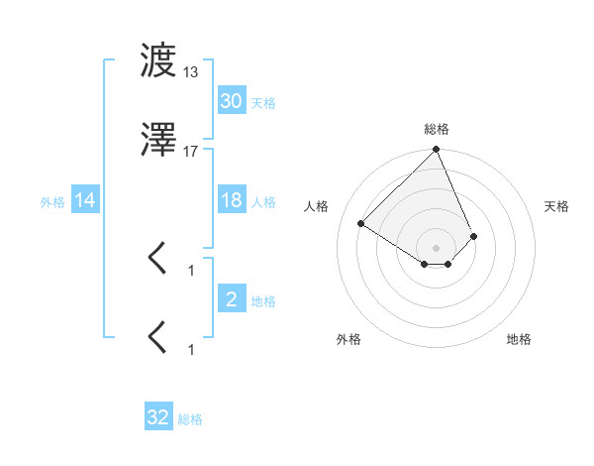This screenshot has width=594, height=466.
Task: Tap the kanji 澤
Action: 158,144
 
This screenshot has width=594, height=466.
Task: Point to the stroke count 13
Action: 191,72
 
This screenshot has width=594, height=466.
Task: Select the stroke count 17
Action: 191,152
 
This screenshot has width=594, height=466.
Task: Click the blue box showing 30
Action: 231,101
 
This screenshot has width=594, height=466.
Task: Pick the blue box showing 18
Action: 231,201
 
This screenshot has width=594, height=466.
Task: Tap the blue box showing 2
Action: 231,299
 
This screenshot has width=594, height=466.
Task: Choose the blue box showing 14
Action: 85,201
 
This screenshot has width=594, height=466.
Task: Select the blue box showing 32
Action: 158,418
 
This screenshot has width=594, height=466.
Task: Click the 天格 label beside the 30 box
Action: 263,103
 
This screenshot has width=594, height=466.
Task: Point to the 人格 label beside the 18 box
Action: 263,202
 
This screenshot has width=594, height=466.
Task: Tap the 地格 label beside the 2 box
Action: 263,301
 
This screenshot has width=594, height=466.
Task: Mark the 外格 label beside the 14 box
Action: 52,202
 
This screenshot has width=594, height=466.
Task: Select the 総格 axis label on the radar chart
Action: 437,129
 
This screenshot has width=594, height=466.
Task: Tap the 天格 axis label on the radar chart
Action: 556,206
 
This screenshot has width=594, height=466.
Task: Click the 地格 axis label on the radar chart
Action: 519,339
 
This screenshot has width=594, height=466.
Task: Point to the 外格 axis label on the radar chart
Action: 347,339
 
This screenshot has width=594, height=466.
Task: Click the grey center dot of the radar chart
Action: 437,246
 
